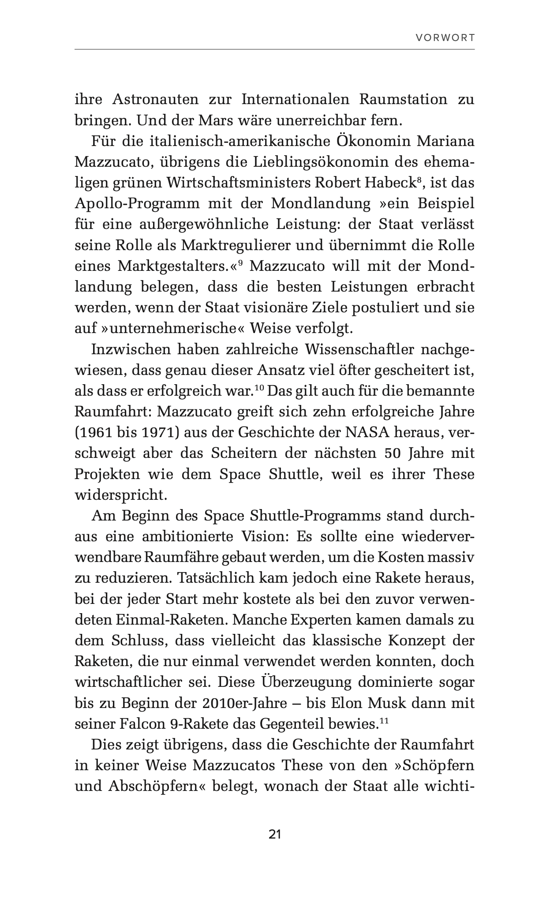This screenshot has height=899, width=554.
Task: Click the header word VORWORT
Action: point(445,38)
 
